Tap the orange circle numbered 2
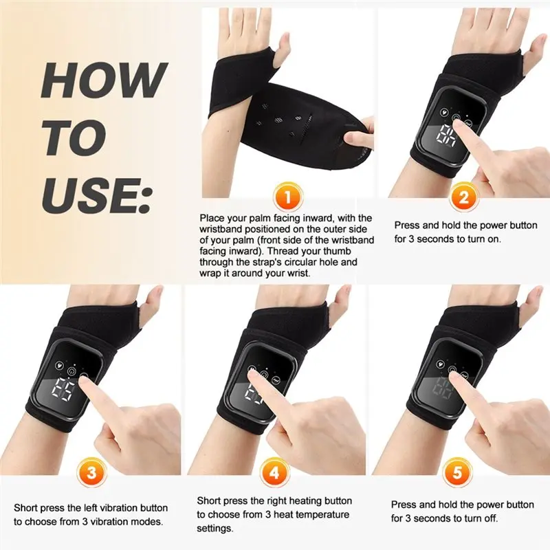[x=463, y=199]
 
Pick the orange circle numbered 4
[x=275, y=474]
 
